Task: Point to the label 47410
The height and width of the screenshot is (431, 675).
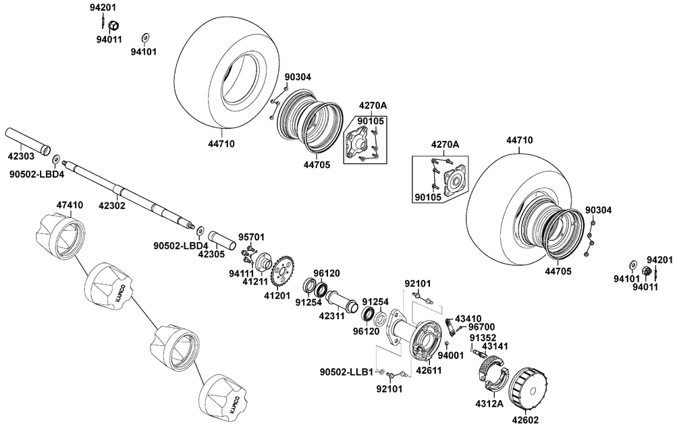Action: [70, 204]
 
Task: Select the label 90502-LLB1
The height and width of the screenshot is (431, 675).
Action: [346, 372]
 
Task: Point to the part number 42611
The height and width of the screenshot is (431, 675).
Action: [428, 370]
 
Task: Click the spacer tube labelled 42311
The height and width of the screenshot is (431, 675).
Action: [343, 297]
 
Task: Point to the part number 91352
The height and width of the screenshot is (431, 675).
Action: [483, 337]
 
